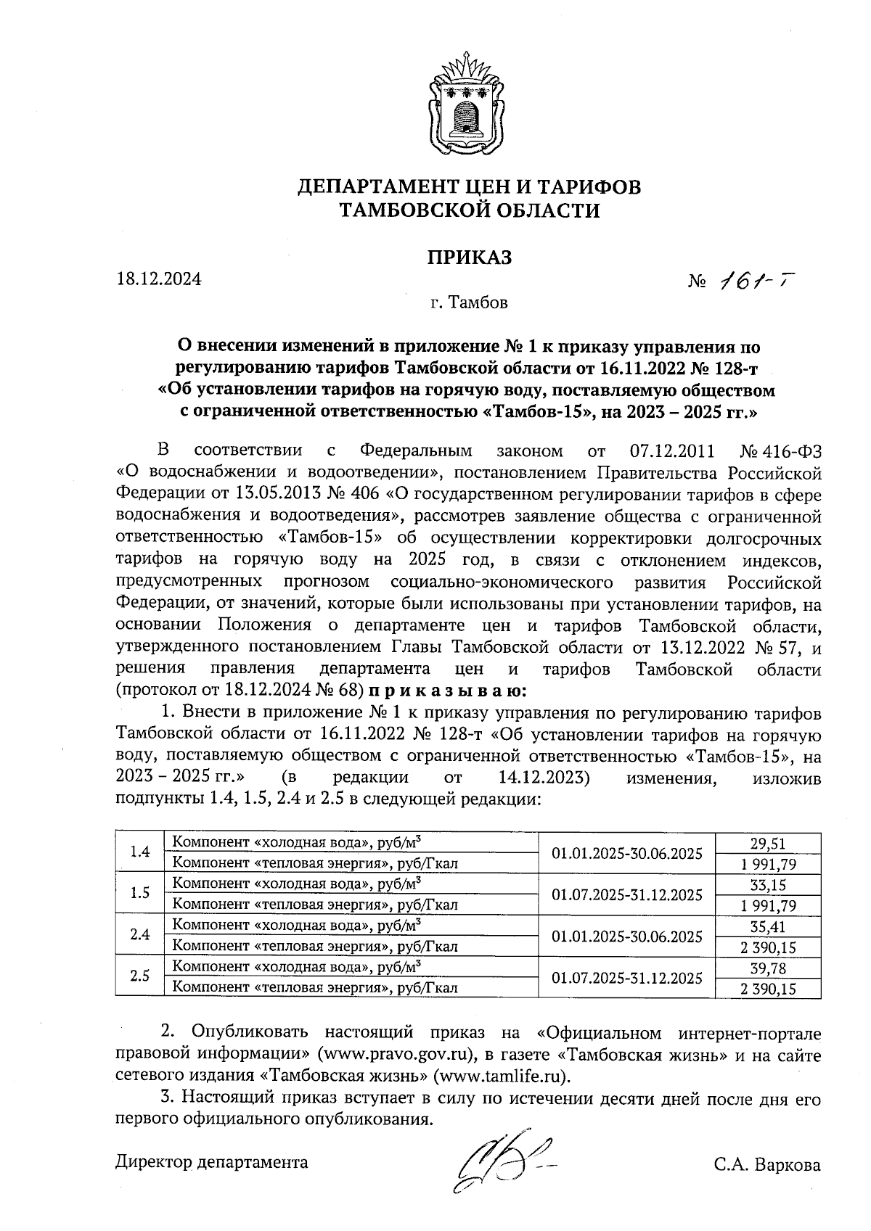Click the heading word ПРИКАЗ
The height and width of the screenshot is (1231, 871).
469,258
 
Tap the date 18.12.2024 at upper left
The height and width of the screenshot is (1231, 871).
159,279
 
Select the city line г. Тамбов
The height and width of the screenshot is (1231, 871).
468,302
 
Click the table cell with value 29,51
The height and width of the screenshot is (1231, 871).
768,843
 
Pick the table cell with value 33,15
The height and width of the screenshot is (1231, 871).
768,885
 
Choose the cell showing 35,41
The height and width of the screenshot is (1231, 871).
768,926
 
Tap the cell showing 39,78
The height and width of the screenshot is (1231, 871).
768,968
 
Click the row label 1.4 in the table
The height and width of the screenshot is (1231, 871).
139,852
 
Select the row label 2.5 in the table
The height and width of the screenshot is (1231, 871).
139,977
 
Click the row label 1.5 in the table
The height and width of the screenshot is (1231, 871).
139,894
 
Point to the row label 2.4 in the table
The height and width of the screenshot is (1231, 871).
139,936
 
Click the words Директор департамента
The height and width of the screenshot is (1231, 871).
212,1162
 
